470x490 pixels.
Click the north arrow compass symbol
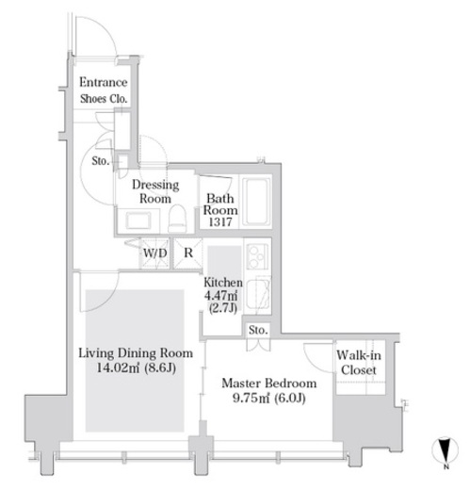point(446,451)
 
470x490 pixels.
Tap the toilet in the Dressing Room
point(177,219)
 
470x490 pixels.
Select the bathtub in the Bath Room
point(256,202)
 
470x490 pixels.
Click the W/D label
point(155,253)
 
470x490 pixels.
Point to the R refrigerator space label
point(188,253)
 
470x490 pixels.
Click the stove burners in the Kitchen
point(257,256)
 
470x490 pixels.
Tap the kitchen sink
point(258,294)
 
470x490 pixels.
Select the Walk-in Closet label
point(359,363)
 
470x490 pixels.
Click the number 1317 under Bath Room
point(220,222)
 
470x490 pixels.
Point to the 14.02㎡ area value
point(118,367)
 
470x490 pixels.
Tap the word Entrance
point(104,82)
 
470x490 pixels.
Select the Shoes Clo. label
point(104,99)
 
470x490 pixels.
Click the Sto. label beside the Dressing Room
point(101,161)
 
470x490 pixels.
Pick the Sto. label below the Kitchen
point(258,330)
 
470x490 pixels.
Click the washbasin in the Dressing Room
point(138,220)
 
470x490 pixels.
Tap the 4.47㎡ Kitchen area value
point(220,296)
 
